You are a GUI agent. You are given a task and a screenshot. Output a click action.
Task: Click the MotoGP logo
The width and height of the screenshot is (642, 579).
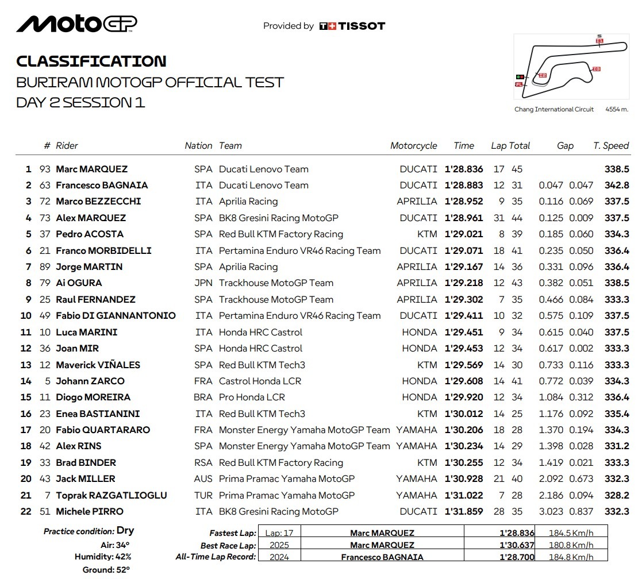[76, 24]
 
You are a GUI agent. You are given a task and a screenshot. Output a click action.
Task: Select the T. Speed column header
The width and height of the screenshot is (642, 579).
[611, 146]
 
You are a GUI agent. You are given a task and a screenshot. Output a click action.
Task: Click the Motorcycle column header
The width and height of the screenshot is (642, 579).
[413, 146]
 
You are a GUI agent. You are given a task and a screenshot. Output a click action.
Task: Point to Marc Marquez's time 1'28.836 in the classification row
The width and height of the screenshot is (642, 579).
[464, 169]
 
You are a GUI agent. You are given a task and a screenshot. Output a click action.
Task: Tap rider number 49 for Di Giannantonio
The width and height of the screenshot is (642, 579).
[45, 316]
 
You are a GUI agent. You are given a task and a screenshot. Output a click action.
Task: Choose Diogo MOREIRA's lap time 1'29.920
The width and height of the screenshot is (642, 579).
[464, 397]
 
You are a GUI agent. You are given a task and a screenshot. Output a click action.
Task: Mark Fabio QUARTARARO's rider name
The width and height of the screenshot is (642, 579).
[103, 430]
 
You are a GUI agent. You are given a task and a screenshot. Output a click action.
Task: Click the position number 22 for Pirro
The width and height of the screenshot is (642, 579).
[26, 512]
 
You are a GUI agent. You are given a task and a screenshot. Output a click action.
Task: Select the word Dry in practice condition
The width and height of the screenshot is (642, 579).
[125, 531]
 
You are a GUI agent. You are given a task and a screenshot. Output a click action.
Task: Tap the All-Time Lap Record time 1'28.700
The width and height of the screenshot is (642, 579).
[517, 557]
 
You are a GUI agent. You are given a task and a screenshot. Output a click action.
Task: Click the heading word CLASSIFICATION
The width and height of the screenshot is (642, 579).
[91, 61]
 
